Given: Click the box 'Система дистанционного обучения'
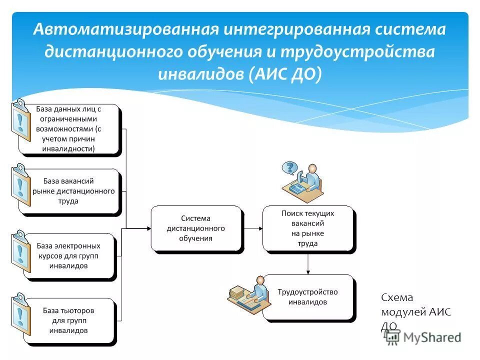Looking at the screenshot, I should tap(196, 228).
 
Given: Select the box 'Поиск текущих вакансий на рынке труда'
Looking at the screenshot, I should tap(307, 228).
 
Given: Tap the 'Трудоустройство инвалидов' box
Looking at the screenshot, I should tap(307, 297).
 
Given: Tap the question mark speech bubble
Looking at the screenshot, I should tap(289, 167).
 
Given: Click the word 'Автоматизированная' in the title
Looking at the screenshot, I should tap(126, 29).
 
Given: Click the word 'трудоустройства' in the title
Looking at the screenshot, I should tap(357, 52).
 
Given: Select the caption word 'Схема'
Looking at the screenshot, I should tap(397, 298).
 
